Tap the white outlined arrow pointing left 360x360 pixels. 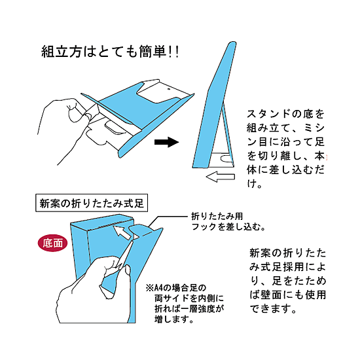218,177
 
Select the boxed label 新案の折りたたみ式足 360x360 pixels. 91,203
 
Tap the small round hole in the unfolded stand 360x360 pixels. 169,87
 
